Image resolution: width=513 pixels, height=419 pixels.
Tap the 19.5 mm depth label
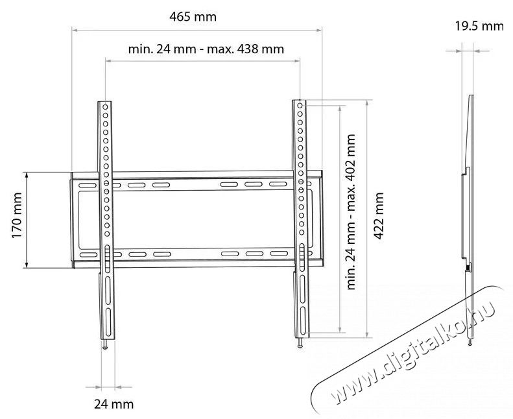(479, 27)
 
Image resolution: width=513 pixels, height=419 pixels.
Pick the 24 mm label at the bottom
(113, 403)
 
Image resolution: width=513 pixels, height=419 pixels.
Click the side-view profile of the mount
(468, 214)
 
